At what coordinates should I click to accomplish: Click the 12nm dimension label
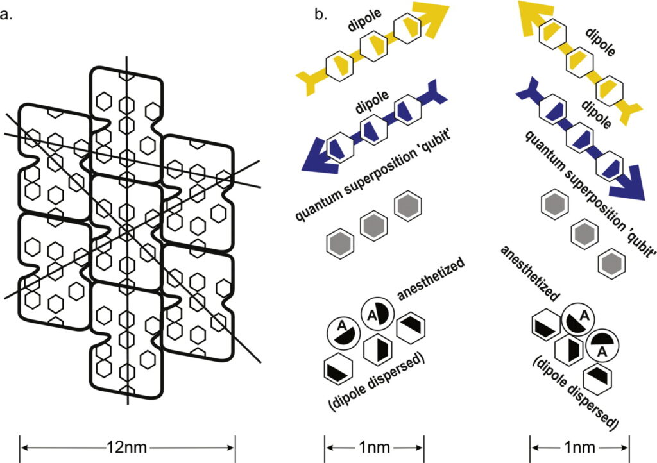[x=128, y=444]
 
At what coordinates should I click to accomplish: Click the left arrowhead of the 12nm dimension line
[x=24, y=444]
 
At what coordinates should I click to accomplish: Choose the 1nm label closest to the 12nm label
[x=374, y=444]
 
